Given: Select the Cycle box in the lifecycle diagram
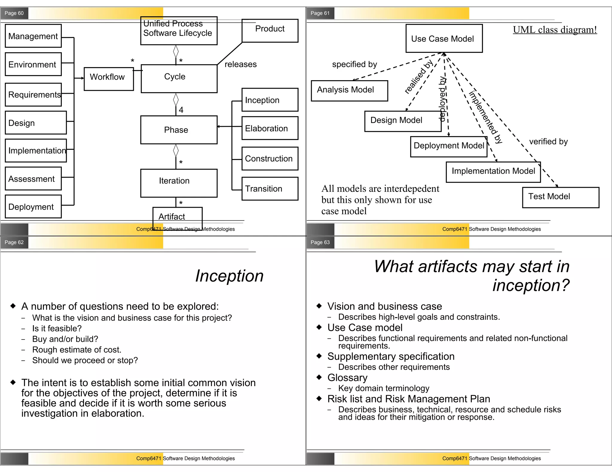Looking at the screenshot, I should [179, 78].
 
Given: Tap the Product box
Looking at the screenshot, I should [270, 30].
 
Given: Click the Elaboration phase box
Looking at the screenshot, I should [270, 128].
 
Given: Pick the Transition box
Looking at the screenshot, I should [270, 189].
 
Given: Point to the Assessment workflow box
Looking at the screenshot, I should [33, 178].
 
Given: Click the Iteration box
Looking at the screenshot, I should [179, 183].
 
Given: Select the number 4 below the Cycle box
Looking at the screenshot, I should [181, 110].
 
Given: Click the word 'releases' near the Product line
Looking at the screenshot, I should [241, 64].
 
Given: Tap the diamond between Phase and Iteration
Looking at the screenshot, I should [176, 150].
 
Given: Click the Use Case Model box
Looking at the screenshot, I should [444, 38].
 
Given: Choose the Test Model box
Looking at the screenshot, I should [560, 197].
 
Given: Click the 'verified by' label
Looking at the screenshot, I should [548, 141].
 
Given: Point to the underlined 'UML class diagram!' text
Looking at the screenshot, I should [555, 30].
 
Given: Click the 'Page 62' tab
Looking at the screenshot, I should [14, 242].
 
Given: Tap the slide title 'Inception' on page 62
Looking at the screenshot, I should [229, 276].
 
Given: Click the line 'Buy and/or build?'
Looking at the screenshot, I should [65, 339].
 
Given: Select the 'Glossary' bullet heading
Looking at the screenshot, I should [347, 377].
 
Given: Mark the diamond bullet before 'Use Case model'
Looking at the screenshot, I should [319, 327].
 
